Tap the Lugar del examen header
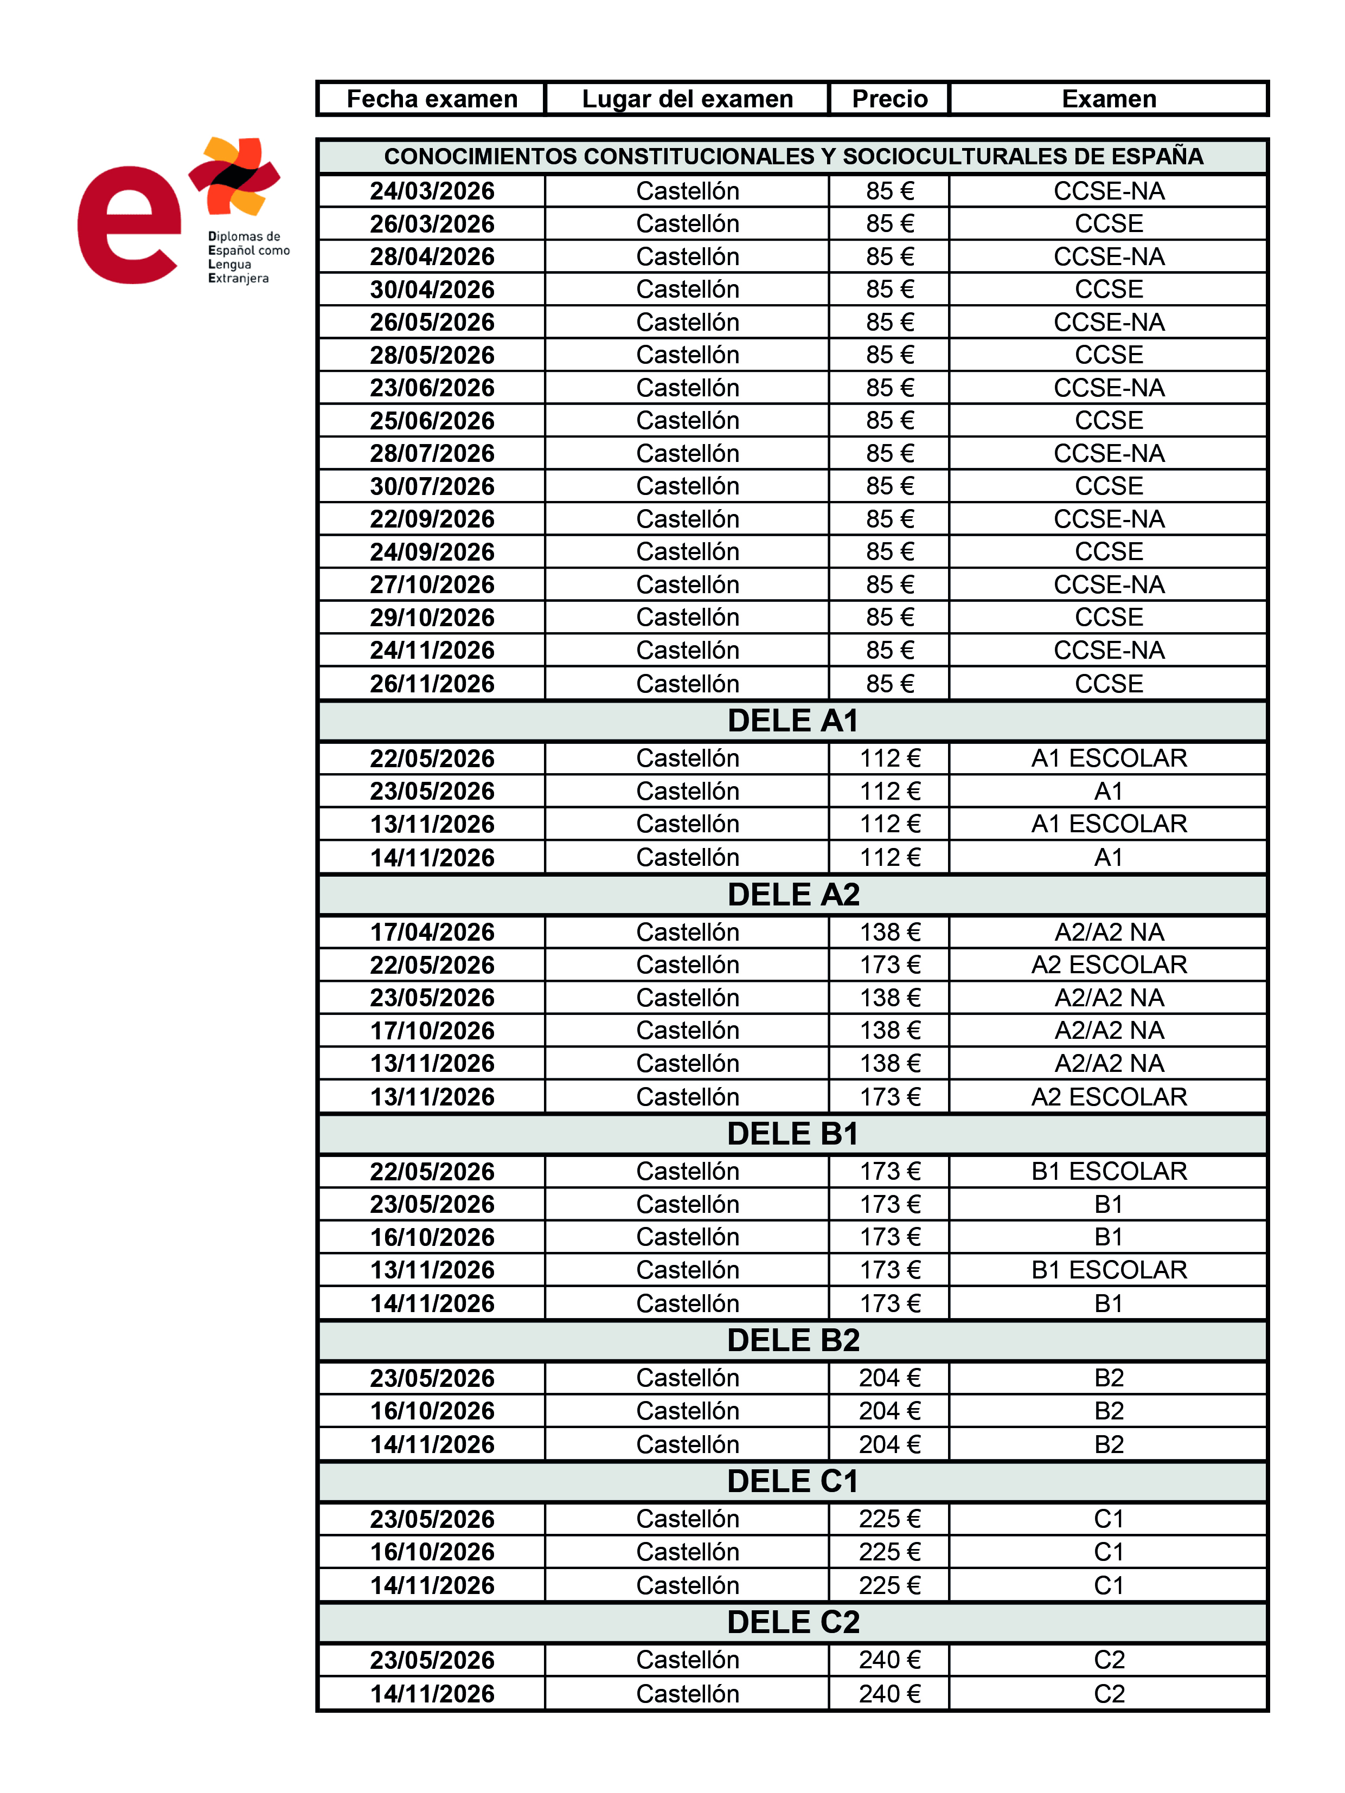[687, 99]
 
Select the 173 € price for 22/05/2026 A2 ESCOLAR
[889, 965]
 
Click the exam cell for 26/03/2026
[1108, 224]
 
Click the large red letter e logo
[127, 226]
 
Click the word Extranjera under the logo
[238, 279]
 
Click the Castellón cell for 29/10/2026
[687, 618]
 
